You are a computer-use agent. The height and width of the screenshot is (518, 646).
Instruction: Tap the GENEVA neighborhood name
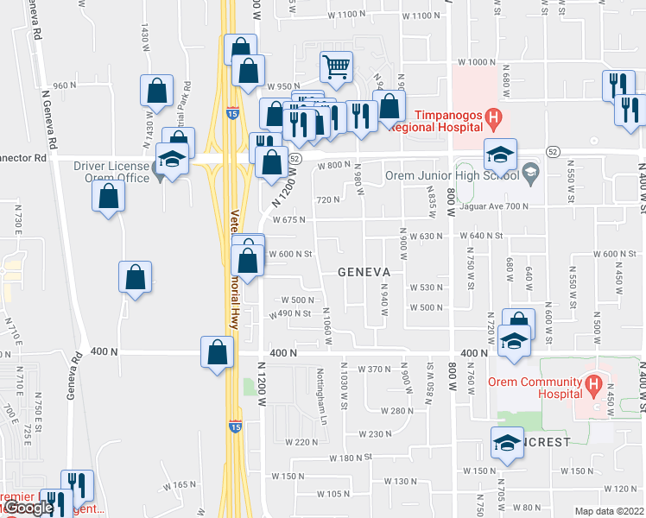pos(364,271)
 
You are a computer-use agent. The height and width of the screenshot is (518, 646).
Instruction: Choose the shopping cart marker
pos(335,65)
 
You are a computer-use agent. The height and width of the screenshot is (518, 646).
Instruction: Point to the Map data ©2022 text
pos(610,511)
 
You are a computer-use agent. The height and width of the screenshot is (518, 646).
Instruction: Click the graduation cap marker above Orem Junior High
pos(500,154)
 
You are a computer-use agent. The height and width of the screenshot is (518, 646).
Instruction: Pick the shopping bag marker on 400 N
pos(216,351)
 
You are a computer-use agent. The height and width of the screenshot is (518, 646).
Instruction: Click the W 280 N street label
pos(392,411)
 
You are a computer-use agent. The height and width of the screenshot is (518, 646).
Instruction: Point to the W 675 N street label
pos(290,220)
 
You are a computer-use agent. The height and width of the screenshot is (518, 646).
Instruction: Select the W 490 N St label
pos(290,313)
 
